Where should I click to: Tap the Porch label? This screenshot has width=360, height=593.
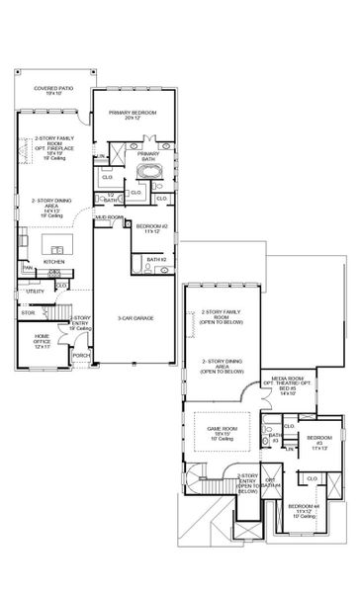pos(78,355)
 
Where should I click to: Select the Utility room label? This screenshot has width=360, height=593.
pos(34,293)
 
